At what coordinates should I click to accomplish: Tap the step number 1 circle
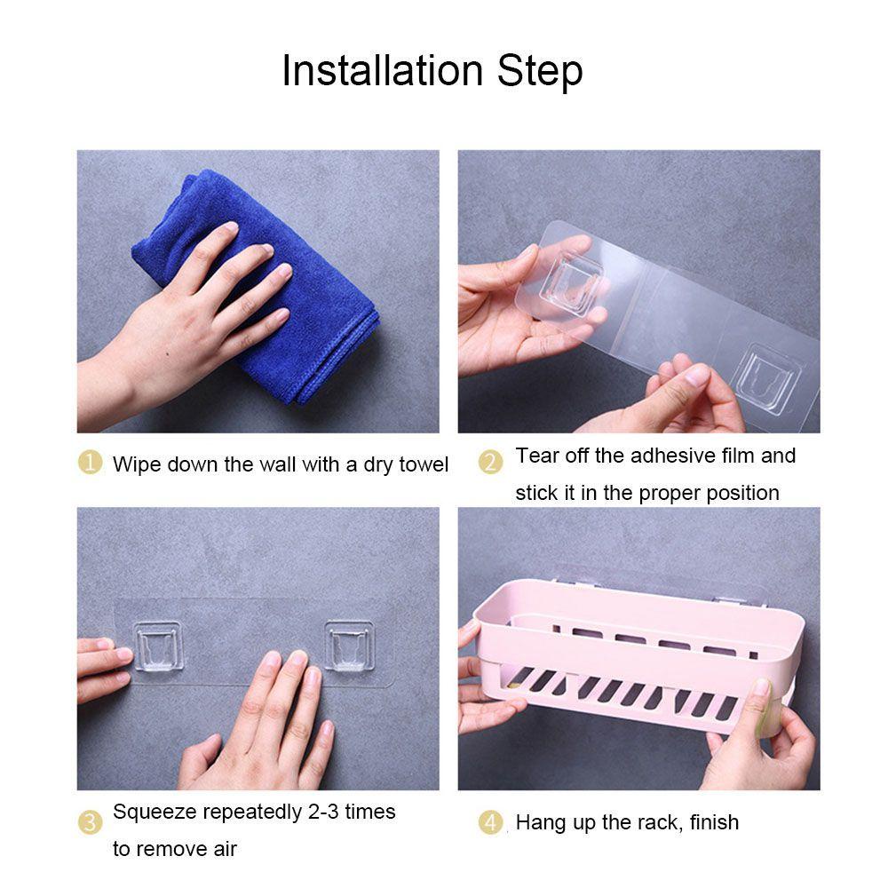click(91, 463)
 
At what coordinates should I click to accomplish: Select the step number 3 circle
click(91, 822)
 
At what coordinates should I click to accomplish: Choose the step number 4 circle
click(491, 823)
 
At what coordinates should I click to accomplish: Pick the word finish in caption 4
click(713, 822)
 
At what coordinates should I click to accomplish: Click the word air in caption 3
click(224, 849)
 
